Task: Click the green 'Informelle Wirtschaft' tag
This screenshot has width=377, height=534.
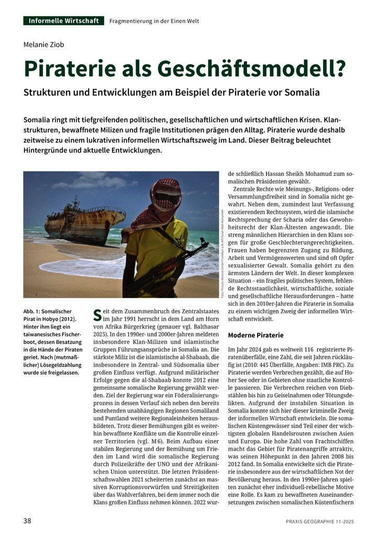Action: tap(63, 21)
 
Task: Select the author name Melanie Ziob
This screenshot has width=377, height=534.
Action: tap(45, 45)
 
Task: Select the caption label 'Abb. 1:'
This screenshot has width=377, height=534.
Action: tap(33, 311)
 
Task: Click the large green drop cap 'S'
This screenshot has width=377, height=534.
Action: tap(97, 315)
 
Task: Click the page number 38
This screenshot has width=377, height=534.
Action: tap(28, 520)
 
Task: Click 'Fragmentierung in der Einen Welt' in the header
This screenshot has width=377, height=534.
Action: tap(154, 21)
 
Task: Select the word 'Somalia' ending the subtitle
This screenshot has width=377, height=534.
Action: tap(301, 92)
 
